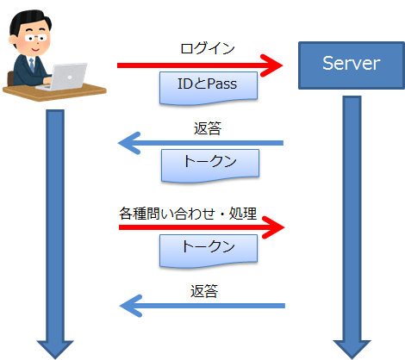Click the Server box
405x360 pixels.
pos(351,63)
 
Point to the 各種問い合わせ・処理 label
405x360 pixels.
pos(188,212)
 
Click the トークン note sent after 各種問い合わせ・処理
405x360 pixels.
pos(209,247)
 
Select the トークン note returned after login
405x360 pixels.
pos(209,164)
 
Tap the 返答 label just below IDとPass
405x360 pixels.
pos(208,128)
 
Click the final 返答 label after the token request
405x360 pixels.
pos(204,291)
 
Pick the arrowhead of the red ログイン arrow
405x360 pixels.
pos(275,64)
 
